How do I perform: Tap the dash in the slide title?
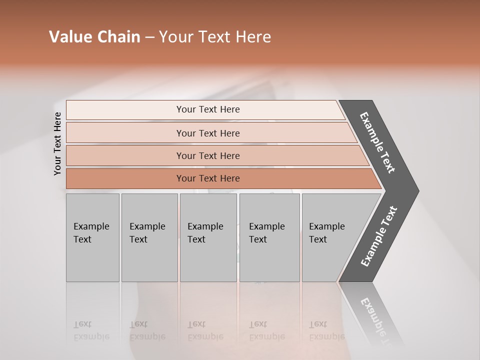point(149,37)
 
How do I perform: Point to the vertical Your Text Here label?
point(57,143)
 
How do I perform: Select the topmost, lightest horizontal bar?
point(208,109)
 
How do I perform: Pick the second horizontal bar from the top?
point(208,133)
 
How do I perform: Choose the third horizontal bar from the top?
point(208,155)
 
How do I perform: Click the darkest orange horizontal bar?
point(208,178)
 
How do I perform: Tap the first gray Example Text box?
point(92,237)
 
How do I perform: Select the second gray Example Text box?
point(149,237)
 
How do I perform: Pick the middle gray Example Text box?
point(208,237)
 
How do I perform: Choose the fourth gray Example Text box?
point(269,237)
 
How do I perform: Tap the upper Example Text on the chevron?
point(377,142)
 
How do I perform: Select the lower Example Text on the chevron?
point(378,236)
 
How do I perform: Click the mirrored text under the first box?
point(91,330)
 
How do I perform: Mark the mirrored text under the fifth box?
point(326,330)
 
